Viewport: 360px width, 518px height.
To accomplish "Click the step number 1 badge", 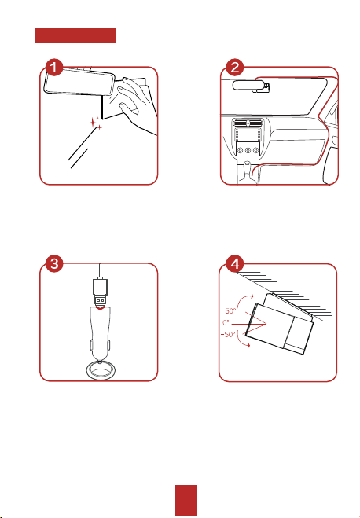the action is click(x=54, y=68).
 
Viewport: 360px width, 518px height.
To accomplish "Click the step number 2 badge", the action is click(x=234, y=68).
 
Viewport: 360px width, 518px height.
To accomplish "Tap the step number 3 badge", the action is click(x=54, y=263).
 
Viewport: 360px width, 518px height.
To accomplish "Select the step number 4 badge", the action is click(x=234, y=263).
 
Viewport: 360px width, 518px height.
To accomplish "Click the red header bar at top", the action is click(x=75, y=35).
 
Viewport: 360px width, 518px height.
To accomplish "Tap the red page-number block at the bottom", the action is click(x=186, y=500).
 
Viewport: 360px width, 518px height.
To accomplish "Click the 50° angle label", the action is click(x=230, y=310).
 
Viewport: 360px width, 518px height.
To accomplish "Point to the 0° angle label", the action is click(x=226, y=322).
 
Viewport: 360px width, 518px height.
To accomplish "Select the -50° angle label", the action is click(x=228, y=334).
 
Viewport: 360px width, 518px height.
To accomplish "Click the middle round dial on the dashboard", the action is click(x=248, y=150).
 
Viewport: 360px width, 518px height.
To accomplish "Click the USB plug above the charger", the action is click(x=101, y=292).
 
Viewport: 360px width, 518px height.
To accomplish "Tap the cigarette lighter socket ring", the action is click(x=99, y=371).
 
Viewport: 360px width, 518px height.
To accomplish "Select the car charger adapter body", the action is click(x=99, y=333).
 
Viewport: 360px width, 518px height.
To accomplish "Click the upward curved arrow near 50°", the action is click(x=245, y=300).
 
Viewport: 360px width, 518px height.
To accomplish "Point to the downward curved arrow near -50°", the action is click(x=242, y=340).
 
